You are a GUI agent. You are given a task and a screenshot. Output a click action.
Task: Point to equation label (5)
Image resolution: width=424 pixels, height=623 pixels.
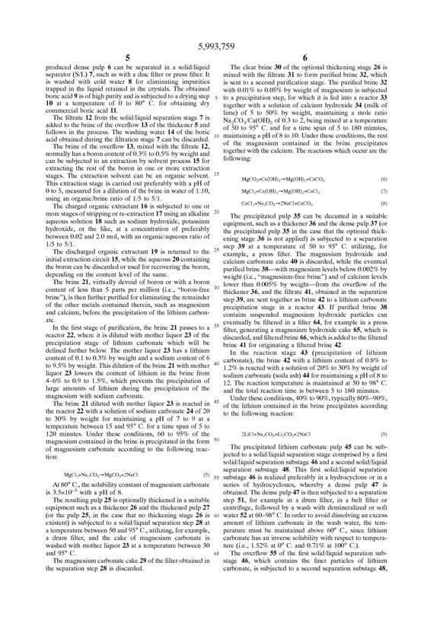tap(199, 431)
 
